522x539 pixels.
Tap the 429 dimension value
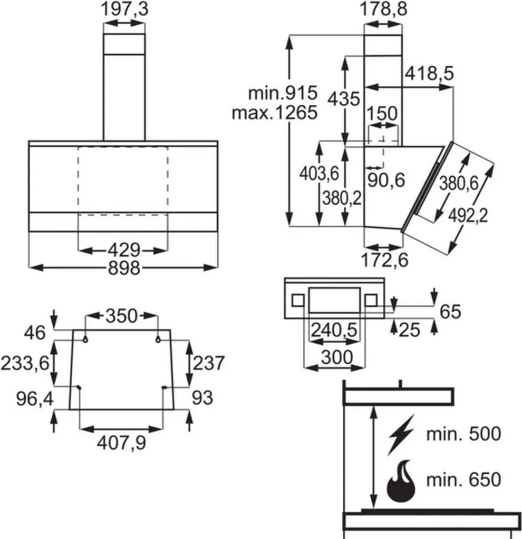(x=124, y=249)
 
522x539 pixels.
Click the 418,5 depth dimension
(x=429, y=74)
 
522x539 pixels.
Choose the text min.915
(x=283, y=94)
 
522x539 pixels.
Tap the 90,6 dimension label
(x=386, y=180)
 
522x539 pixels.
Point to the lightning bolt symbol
(x=401, y=435)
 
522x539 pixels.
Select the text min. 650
(x=463, y=480)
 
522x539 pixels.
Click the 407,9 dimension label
(x=121, y=443)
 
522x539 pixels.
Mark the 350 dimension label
(x=122, y=316)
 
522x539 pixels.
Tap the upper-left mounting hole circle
(x=85, y=341)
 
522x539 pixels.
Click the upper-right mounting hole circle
(x=158, y=341)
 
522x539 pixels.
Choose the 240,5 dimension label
(x=334, y=330)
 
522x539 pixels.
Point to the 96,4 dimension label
(x=27, y=398)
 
